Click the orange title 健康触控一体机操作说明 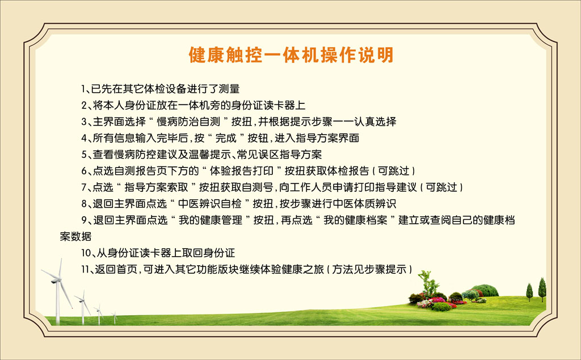coord(291,55)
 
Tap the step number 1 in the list coord(83,89)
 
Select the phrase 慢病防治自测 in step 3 coord(188,122)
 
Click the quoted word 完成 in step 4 coord(226,139)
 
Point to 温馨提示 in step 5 coord(210,154)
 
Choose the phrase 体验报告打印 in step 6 coord(242,171)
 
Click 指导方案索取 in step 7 coord(157,187)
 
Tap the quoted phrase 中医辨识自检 coord(210,203)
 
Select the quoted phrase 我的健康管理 coord(210,220)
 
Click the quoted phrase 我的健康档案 coord(355,220)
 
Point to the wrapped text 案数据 coord(75,237)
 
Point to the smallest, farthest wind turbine coord(115,317)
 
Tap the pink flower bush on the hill coord(439,300)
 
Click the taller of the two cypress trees coord(542,289)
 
